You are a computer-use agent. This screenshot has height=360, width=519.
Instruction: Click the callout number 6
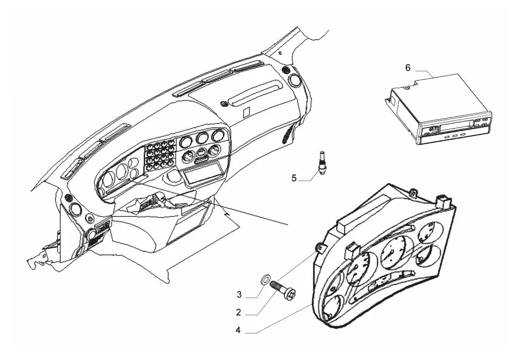[408, 68]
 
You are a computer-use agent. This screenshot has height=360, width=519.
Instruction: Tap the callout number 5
[294, 178]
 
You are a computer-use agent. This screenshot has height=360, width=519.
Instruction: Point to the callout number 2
[238, 312]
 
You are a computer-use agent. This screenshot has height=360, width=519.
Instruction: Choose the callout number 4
[238, 330]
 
